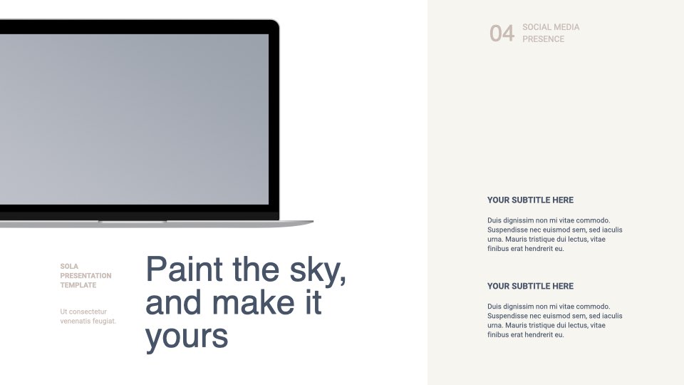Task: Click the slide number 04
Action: [502, 34]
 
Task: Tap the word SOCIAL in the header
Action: [537, 27]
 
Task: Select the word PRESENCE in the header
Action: [543, 38]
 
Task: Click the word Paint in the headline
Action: [184, 269]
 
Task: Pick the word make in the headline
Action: [253, 302]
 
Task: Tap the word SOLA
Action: [69, 266]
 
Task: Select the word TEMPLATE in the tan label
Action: [78, 285]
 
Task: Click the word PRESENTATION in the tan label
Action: [85, 275]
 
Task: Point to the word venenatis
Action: [75, 322]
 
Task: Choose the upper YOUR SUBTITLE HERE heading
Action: [530, 200]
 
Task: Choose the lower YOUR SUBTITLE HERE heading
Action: [530, 286]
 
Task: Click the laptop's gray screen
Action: [134, 119]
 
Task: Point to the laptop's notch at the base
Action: [133, 222]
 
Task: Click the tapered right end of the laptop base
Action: [311, 222]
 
